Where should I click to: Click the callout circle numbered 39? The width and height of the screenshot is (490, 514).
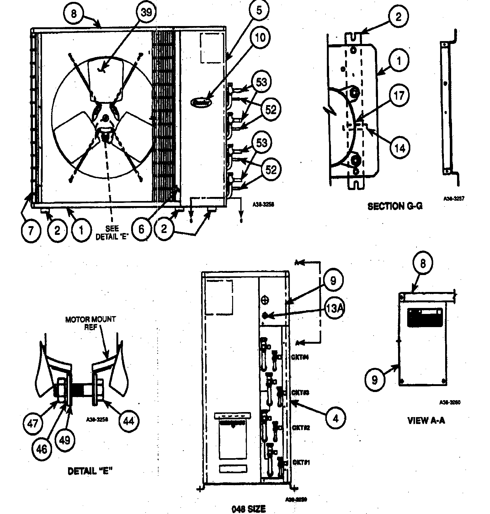point(146,13)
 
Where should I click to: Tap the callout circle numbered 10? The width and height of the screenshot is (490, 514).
point(260,37)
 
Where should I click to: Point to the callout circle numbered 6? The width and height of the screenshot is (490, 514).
point(141,230)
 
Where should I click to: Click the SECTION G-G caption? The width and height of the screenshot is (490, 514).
point(395,206)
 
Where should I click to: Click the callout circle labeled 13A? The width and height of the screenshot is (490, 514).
point(333,309)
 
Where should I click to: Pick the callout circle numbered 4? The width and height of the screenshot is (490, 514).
point(335,418)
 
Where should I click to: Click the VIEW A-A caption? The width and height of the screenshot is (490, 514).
point(426,421)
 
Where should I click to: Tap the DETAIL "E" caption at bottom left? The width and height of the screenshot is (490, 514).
point(90,471)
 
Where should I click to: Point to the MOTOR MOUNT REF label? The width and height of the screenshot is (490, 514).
point(90,323)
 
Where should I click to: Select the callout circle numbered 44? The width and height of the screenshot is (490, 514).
point(129,421)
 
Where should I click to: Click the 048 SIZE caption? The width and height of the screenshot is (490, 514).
point(248,508)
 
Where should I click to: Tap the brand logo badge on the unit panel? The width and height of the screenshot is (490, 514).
point(201,102)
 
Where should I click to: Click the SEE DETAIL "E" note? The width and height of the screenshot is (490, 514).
point(112,233)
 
